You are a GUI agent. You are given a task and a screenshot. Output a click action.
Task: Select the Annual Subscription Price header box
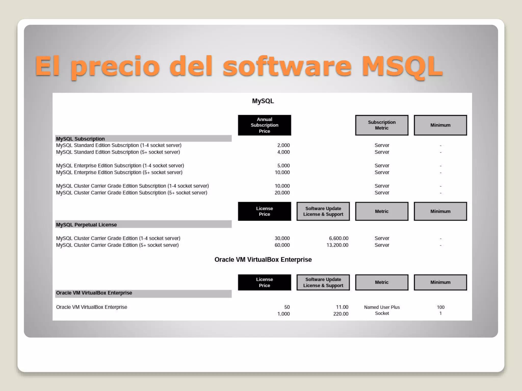[264, 125]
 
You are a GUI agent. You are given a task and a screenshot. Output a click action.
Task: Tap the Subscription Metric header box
[382, 125]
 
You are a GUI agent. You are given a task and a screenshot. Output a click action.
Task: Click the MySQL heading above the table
[263, 101]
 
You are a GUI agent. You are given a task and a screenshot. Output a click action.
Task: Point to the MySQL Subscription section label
[80, 139]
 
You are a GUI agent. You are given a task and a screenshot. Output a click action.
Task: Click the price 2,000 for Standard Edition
[283, 145]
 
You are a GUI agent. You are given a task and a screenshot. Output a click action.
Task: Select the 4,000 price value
[283, 152]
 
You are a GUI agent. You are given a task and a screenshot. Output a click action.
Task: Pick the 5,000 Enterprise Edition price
[283, 166]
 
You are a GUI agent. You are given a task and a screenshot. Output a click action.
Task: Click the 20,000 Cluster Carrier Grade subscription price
[282, 193]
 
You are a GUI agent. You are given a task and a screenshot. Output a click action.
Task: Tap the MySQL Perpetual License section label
[86, 225]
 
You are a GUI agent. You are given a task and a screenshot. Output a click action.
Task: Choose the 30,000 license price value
[282, 238]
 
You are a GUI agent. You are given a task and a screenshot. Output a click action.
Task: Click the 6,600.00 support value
[338, 238]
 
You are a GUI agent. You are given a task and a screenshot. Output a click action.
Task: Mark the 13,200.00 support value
[337, 245]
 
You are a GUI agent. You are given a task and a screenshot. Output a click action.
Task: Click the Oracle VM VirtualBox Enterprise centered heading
[263, 260]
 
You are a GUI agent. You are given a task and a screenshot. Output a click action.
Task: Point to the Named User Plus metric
[382, 307]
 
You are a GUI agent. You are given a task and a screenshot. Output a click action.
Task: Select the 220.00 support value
[341, 314]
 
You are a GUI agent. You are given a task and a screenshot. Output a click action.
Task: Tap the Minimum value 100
[440, 307]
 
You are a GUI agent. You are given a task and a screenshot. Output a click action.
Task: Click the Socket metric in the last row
[382, 313]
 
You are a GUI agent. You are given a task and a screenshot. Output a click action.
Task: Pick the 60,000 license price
[282, 245]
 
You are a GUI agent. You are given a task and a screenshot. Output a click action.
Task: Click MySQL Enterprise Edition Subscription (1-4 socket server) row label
[120, 166]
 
